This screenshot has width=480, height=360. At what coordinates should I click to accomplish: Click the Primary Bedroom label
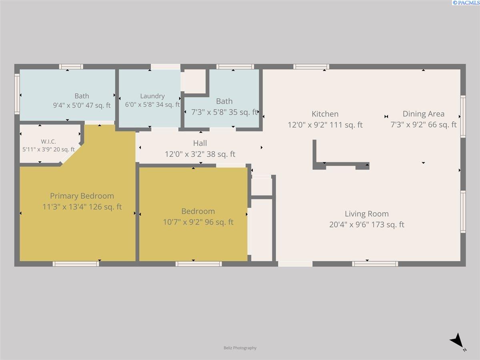point(82,196)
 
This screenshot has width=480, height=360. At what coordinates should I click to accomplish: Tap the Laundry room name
point(152,96)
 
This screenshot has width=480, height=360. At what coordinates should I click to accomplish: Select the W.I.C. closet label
point(48,142)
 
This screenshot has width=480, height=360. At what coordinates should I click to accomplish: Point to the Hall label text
point(200,143)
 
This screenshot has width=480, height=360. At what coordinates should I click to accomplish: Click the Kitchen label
point(325,114)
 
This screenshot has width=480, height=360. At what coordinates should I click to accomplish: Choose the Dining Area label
point(424,114)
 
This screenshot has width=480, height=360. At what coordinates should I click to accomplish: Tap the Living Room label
point(367,214)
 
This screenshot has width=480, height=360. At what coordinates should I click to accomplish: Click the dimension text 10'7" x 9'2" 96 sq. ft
point(198,222)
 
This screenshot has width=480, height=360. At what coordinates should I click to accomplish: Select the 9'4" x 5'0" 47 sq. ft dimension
point(82,105)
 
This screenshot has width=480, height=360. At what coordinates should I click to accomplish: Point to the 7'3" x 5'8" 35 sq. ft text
point(224,112)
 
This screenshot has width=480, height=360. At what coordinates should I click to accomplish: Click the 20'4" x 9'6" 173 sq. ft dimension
point(367,224)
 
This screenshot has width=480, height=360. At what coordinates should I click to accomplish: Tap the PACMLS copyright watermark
point(466,3)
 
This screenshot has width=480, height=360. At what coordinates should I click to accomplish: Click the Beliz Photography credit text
point(240,348)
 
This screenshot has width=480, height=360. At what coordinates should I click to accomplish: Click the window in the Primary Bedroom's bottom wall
point(76,264)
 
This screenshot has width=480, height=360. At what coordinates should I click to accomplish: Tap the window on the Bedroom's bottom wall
point(198,264)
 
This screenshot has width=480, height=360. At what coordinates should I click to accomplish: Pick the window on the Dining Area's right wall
point(463,116)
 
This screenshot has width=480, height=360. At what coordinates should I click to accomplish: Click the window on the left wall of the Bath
point(17,94)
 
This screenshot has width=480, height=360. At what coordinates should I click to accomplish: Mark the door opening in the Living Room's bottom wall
point(295,264)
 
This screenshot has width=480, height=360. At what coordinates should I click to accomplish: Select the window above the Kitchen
point(311,67)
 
